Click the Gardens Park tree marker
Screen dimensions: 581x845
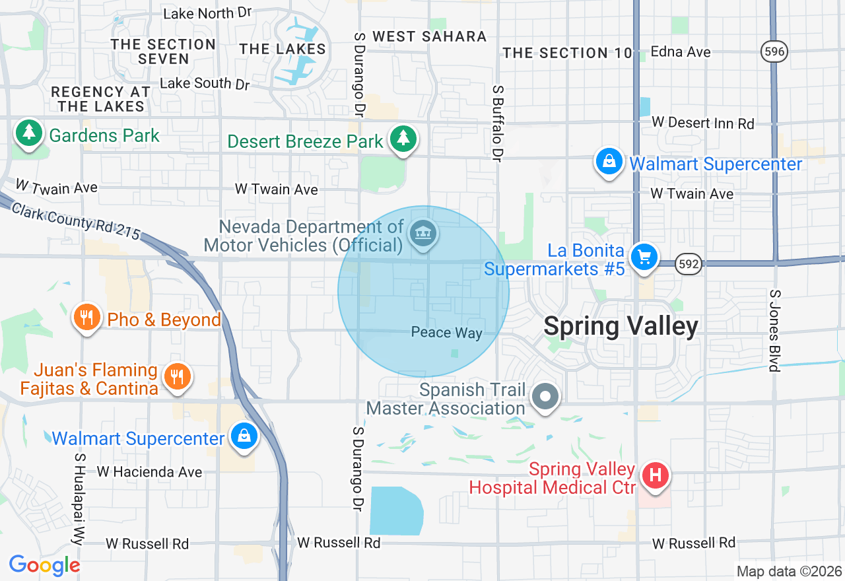28,133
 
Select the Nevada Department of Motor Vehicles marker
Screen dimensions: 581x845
423,234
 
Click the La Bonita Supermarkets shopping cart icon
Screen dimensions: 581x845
644,256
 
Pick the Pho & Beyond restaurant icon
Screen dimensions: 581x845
86,318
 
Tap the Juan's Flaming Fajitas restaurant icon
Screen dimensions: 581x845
176,376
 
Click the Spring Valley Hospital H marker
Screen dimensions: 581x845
656,475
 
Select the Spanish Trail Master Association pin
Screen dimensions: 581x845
546,397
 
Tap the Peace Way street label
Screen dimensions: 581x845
446,332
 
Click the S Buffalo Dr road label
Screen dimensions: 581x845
497,123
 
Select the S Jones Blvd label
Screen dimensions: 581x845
775,330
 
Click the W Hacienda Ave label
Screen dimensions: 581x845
149,471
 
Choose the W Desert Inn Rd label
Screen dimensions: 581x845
702,123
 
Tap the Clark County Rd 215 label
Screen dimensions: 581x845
77,220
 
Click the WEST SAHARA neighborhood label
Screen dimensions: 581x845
429,36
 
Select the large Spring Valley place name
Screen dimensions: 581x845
621,326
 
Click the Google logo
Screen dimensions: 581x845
44,565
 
